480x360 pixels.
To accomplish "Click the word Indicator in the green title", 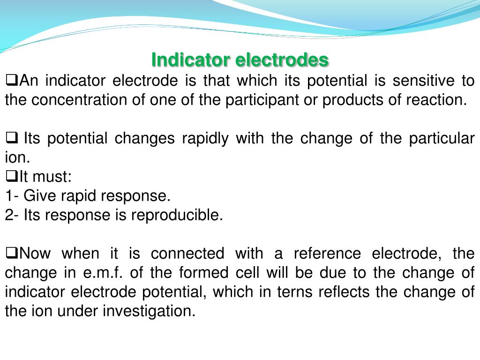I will [190, 60].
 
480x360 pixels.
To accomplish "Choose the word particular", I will [442, 138].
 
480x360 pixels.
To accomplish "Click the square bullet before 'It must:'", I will [11, 176].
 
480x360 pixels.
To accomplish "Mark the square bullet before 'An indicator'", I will [11, 80].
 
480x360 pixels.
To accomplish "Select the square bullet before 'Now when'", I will [11, 253].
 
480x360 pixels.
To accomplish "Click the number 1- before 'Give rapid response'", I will [12, 195].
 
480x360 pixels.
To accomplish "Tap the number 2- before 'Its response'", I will [12, 215].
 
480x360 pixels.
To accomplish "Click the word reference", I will [327, 254].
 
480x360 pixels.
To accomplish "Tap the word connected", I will [187, 254].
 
